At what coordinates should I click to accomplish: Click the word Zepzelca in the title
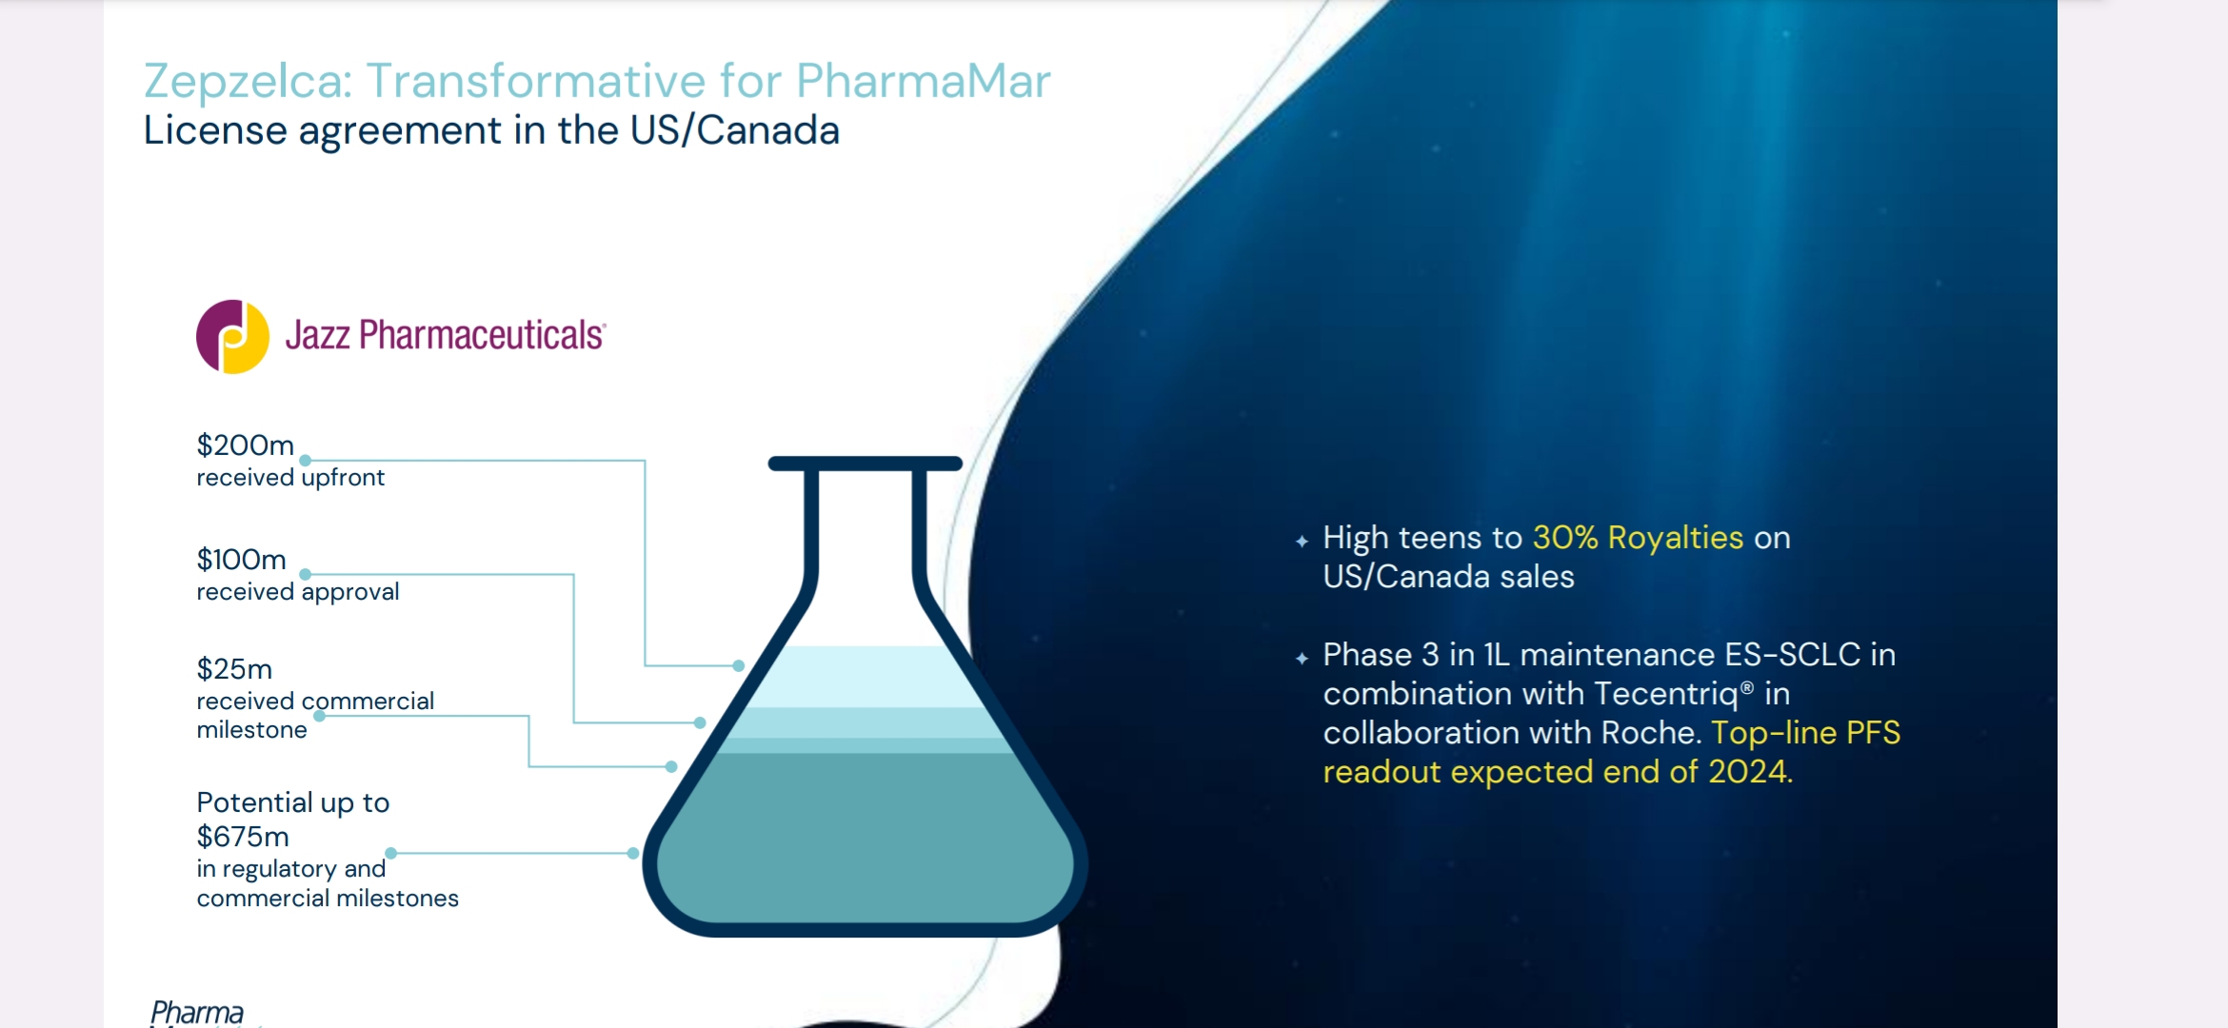click(x=248, y=82)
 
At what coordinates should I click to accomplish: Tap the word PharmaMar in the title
click(x=923, y=80)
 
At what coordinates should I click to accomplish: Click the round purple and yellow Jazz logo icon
click(x=232, y=336)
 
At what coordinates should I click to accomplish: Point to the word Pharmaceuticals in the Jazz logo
click(x=482, y=335)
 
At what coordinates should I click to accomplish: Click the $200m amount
click(x=245, y=445)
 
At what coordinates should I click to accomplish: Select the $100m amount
click(x=241, y=559)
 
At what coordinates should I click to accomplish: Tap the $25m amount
click(x=234, y=668)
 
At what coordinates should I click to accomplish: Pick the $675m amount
click(x=243, y=837)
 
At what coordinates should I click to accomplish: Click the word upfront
click(x=343, y=478)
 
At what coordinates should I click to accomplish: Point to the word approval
click(x=349, y=592)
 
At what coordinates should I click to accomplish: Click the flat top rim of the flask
click(x=865, y=464)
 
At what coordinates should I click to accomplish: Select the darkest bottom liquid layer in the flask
click(x=865, y=838)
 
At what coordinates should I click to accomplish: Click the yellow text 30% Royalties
click(x=1638, y=538)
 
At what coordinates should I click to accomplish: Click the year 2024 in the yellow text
click(x=1747, y=772)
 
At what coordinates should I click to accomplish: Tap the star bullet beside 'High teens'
click(x=1302, y=542)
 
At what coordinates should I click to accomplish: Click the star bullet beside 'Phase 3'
click(x=1302, y=659)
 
